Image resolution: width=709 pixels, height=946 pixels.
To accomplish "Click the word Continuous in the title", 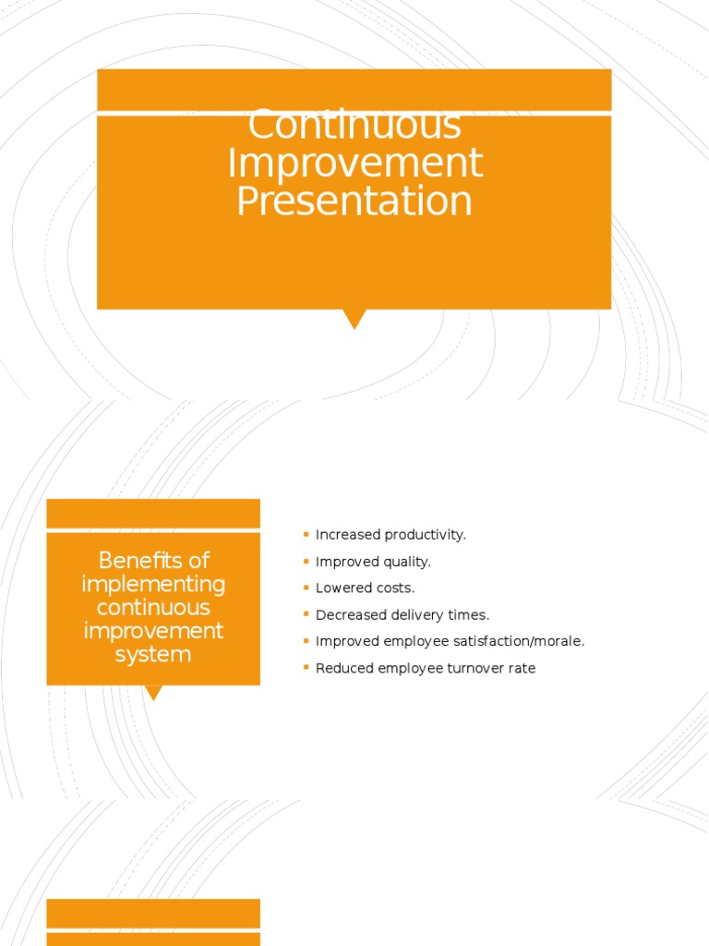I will click(x=354, y=127).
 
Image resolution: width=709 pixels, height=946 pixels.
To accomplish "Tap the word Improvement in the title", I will click(x=354, y=164).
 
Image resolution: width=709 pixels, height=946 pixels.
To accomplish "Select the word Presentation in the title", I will click(x=354, y=201).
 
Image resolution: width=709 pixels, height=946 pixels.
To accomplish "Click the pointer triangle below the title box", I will click(x=354, y=319).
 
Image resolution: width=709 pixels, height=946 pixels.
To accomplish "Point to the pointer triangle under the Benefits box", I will click(x=154, y=692).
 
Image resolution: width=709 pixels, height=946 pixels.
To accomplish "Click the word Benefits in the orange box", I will click(x=153, y=561).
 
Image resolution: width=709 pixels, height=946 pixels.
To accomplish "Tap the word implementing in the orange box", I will click(x=153, y=585).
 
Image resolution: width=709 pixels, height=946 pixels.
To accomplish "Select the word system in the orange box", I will click(x=153, y=655).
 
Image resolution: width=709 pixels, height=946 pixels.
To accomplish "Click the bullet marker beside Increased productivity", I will click(x=306, y=534).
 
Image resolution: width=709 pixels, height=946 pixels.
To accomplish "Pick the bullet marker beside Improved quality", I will click(x=306, y=561).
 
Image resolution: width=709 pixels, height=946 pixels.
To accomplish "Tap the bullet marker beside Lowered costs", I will click(x=306, y=588).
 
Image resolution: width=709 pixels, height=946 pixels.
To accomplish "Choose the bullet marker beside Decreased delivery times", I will click(x=306, y=614).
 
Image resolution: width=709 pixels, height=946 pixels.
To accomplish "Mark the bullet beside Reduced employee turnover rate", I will click(x=306, y=667).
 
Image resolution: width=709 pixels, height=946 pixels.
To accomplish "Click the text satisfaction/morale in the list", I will click(x=527, y=641).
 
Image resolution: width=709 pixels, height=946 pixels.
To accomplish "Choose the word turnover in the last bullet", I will click(x=471, y=668).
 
